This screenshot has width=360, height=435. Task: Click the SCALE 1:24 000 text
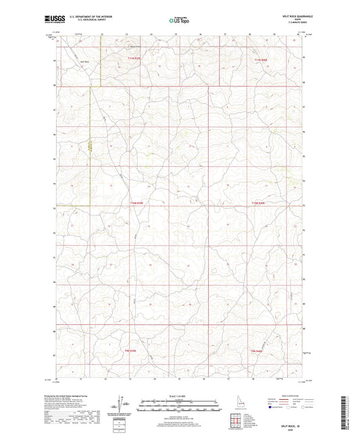pos(178,395)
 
